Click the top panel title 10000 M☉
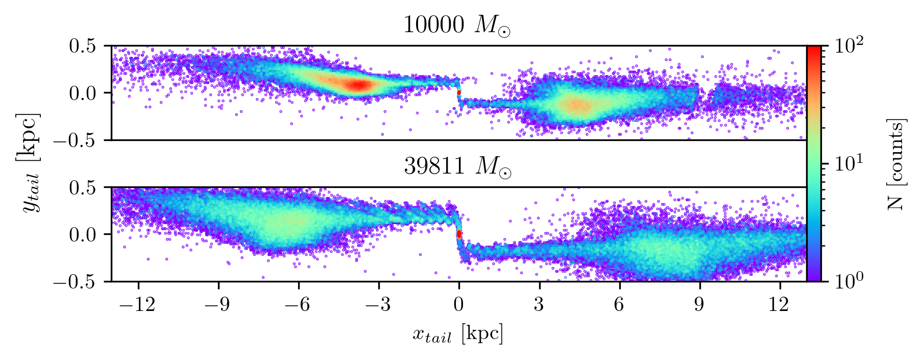(456, 26)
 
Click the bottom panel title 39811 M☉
(456, 167)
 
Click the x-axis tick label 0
(459, 305)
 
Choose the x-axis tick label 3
(539, 305)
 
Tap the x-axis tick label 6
(619, 305)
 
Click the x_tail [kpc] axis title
(458, 334)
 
